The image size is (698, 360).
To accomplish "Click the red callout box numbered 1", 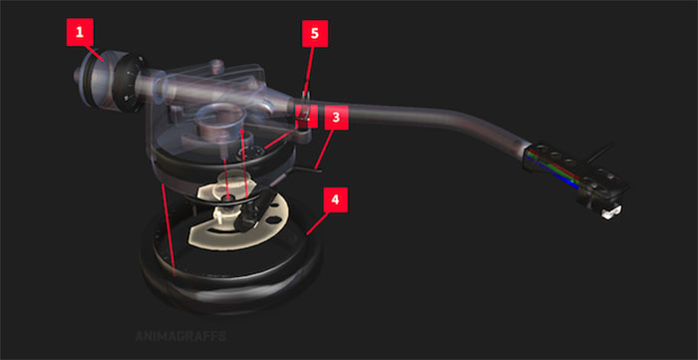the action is [x=80, y=32].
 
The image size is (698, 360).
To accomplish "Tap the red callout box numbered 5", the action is [x=315, y=33].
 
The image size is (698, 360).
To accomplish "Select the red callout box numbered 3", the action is [x=336, y=117].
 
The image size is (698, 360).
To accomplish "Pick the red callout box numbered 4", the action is [x=335, y=199].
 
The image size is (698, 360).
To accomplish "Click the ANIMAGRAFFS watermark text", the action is [x=180, y=336].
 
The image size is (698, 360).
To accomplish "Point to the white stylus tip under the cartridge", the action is [x=610, y=212].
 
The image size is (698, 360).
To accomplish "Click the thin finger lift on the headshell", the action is [x=599, y=153].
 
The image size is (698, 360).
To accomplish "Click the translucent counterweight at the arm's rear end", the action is [x=96, y=78].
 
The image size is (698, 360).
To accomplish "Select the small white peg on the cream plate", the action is [x=220, y=214].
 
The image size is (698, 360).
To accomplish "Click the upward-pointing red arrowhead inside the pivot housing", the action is [x=241, y=132].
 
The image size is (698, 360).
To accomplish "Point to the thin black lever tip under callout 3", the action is [x=316, y=170].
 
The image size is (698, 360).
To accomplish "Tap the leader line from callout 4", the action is [x=317, y=223].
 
